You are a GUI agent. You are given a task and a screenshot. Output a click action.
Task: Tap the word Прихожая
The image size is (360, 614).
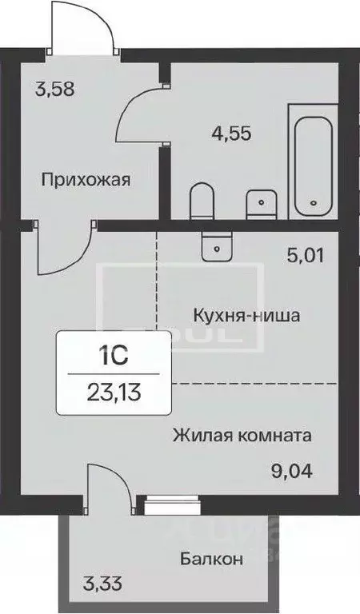86,179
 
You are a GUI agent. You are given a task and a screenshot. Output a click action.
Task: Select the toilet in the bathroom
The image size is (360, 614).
201,201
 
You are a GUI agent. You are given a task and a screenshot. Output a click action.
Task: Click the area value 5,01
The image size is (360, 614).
306,257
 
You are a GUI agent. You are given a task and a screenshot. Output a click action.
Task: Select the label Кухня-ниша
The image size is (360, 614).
246,315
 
